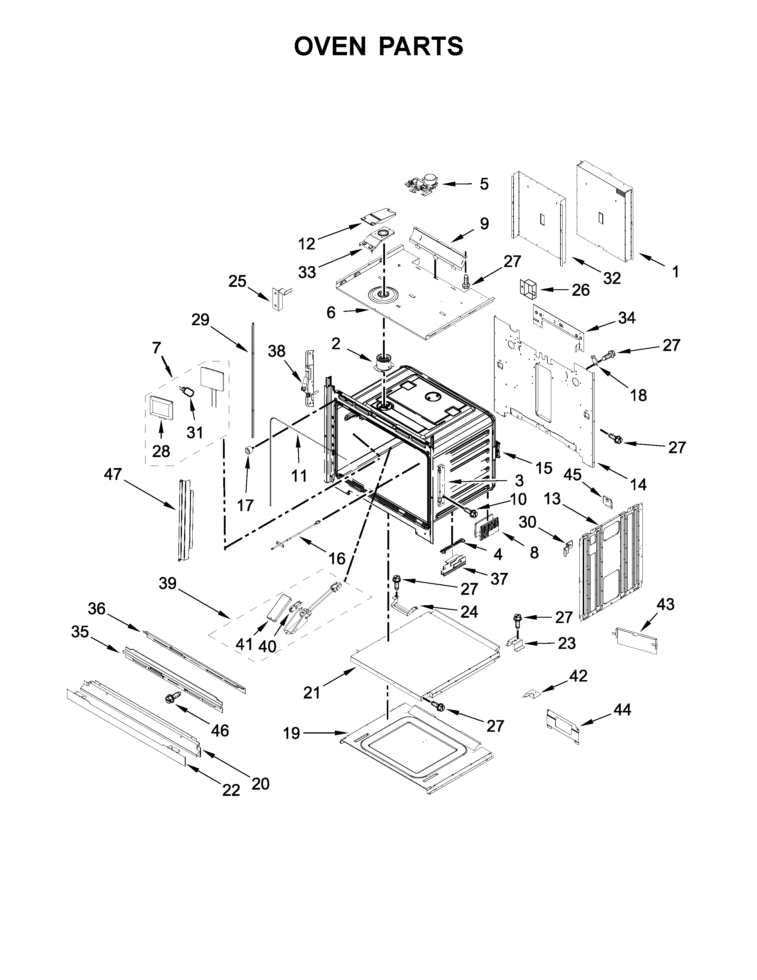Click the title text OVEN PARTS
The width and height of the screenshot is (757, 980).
pos(378,46)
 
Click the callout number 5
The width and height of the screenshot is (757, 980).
pos(484,184)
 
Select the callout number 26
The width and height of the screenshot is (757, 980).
pos(580,290)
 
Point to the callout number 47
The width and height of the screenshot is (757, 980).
pos(113,474)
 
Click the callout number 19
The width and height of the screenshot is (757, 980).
pos(292,733)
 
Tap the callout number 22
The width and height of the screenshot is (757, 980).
pos(232,790)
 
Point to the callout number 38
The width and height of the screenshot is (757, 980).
pos(277,351)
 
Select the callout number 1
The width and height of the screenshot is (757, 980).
pos(675,271)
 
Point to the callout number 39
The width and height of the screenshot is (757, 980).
pos(168,583)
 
